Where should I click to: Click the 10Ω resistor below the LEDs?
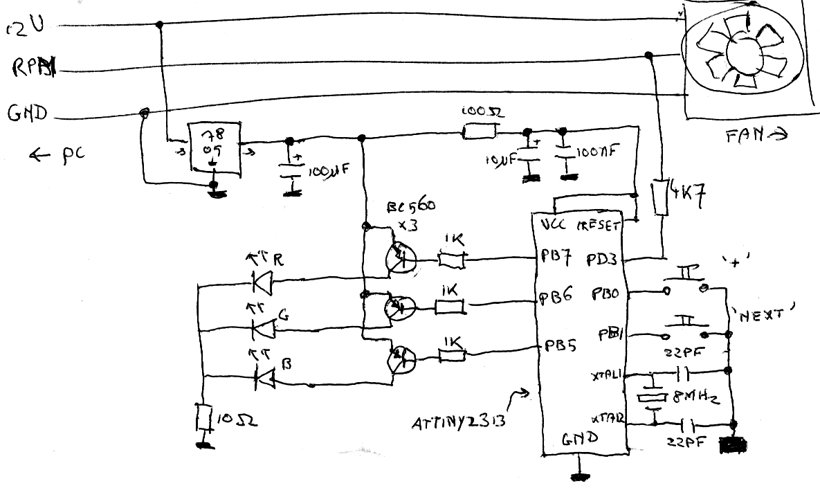(x=203, y=419)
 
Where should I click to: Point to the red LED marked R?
(x=262, y=282)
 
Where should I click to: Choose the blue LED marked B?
(x=262, y=377)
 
